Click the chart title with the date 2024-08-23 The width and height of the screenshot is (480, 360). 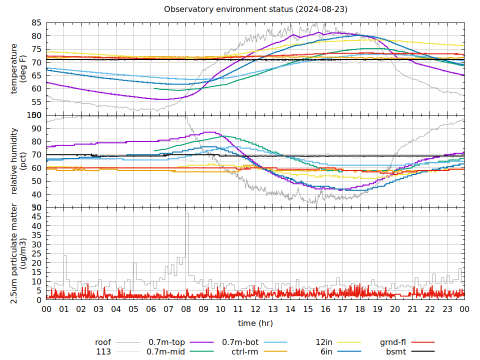(x=255, y=9)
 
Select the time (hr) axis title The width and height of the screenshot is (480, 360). (x=255, y=323)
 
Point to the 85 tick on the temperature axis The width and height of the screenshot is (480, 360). (x=36, y=23)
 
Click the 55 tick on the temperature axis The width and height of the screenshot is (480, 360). (x=36, y=102)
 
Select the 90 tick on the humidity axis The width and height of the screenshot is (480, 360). (x=36, y=128)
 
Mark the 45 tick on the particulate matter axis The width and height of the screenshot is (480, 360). (x=36, y=216)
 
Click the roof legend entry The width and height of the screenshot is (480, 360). (x=103, y=342)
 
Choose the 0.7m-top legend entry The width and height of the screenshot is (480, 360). (x=166, y=342)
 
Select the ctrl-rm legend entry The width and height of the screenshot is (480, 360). (x=244, y=352)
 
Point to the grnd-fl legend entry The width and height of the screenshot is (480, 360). (x=392, y=342)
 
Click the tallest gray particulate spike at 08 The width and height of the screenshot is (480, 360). (x=187, y=214)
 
